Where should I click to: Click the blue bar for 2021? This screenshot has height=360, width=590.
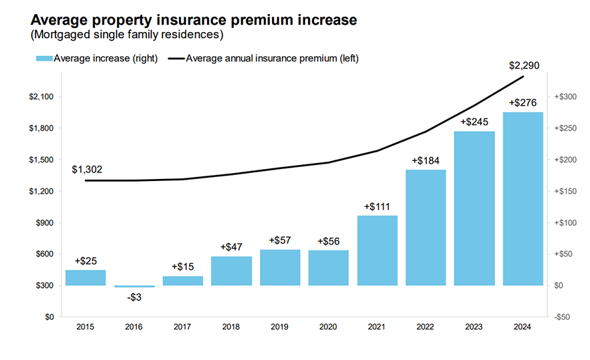tap(377, 250)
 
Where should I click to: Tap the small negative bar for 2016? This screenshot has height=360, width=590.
tap(134, 287)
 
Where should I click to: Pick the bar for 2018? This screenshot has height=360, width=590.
tap(231, 271)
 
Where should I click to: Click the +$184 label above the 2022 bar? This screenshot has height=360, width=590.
tap(426, 161)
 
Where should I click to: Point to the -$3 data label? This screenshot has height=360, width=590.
tap(134, 296)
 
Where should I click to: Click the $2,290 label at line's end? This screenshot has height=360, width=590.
tap(524, 65)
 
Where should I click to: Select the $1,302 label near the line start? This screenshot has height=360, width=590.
tap(87, 170)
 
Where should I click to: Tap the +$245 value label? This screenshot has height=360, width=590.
tap(474, 122)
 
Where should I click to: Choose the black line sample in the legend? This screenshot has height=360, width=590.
tap(176, 59)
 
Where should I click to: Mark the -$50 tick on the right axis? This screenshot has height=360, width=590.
tap(562, 317)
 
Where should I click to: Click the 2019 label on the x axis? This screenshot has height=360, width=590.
tap(279, 327)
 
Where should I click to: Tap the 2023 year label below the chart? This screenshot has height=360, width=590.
tap(474, 327)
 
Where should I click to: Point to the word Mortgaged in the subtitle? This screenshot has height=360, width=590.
tap(61, 34)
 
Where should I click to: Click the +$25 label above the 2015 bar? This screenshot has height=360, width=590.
tap(86, 260)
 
